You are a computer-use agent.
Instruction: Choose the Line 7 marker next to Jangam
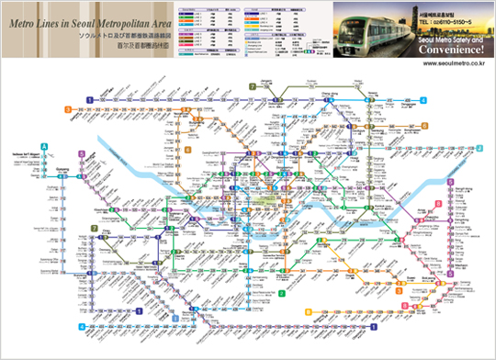(x=251, y=85)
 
